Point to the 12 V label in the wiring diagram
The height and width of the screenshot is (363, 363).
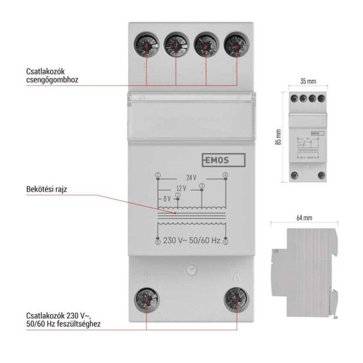pyautogui.click(x=181, y=188)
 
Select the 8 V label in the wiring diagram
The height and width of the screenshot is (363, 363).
pyautogui.click(x=166, y=199)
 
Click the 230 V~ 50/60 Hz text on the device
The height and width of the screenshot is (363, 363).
pyautogui.click(x=191, y=240)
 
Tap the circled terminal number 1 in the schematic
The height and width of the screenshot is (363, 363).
pyautogui.click(x=157, y=175)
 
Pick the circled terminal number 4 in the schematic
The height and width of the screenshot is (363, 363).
pyautogui.click(x=226, y=175)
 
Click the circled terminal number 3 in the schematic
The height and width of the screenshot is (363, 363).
pyautogui.click(x=201, y=185)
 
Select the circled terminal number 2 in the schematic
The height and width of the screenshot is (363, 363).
pyautogui.click(x=178, y=195)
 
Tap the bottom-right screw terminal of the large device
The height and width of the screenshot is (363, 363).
pyautogui.click(x=236, y=299)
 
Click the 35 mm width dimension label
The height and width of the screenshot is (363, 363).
pyautogui.click(x=309, y=82)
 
